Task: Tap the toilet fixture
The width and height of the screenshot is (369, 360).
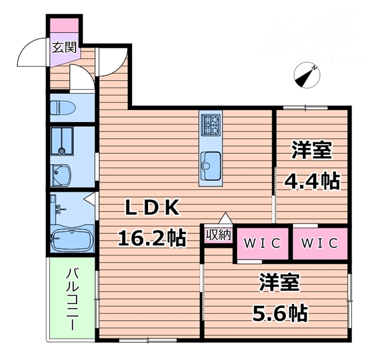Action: tap(60, 108)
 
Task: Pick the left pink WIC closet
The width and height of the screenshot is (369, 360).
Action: tap(261, 242)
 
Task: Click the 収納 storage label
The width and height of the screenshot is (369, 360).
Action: tap(218, 235)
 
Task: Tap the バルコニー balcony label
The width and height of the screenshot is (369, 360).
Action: tap(73, 299)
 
